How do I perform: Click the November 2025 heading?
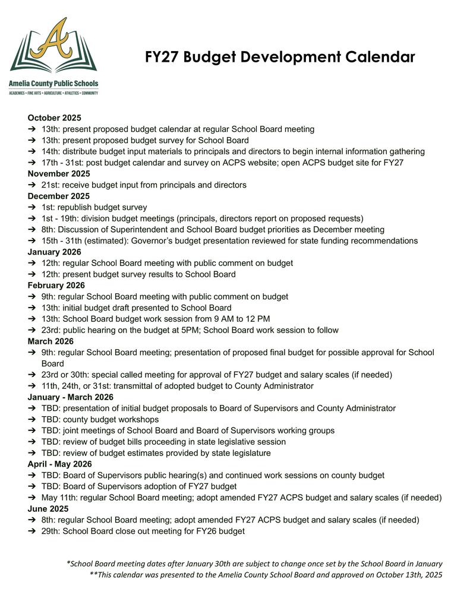[59, 173]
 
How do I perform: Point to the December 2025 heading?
[59, 196]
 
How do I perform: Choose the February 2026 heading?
[56, 286]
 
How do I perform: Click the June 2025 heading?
[48, 509]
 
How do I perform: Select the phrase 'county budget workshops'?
[111, 420]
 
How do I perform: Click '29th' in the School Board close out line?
[51, 531]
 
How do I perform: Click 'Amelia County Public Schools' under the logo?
[53, 84]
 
